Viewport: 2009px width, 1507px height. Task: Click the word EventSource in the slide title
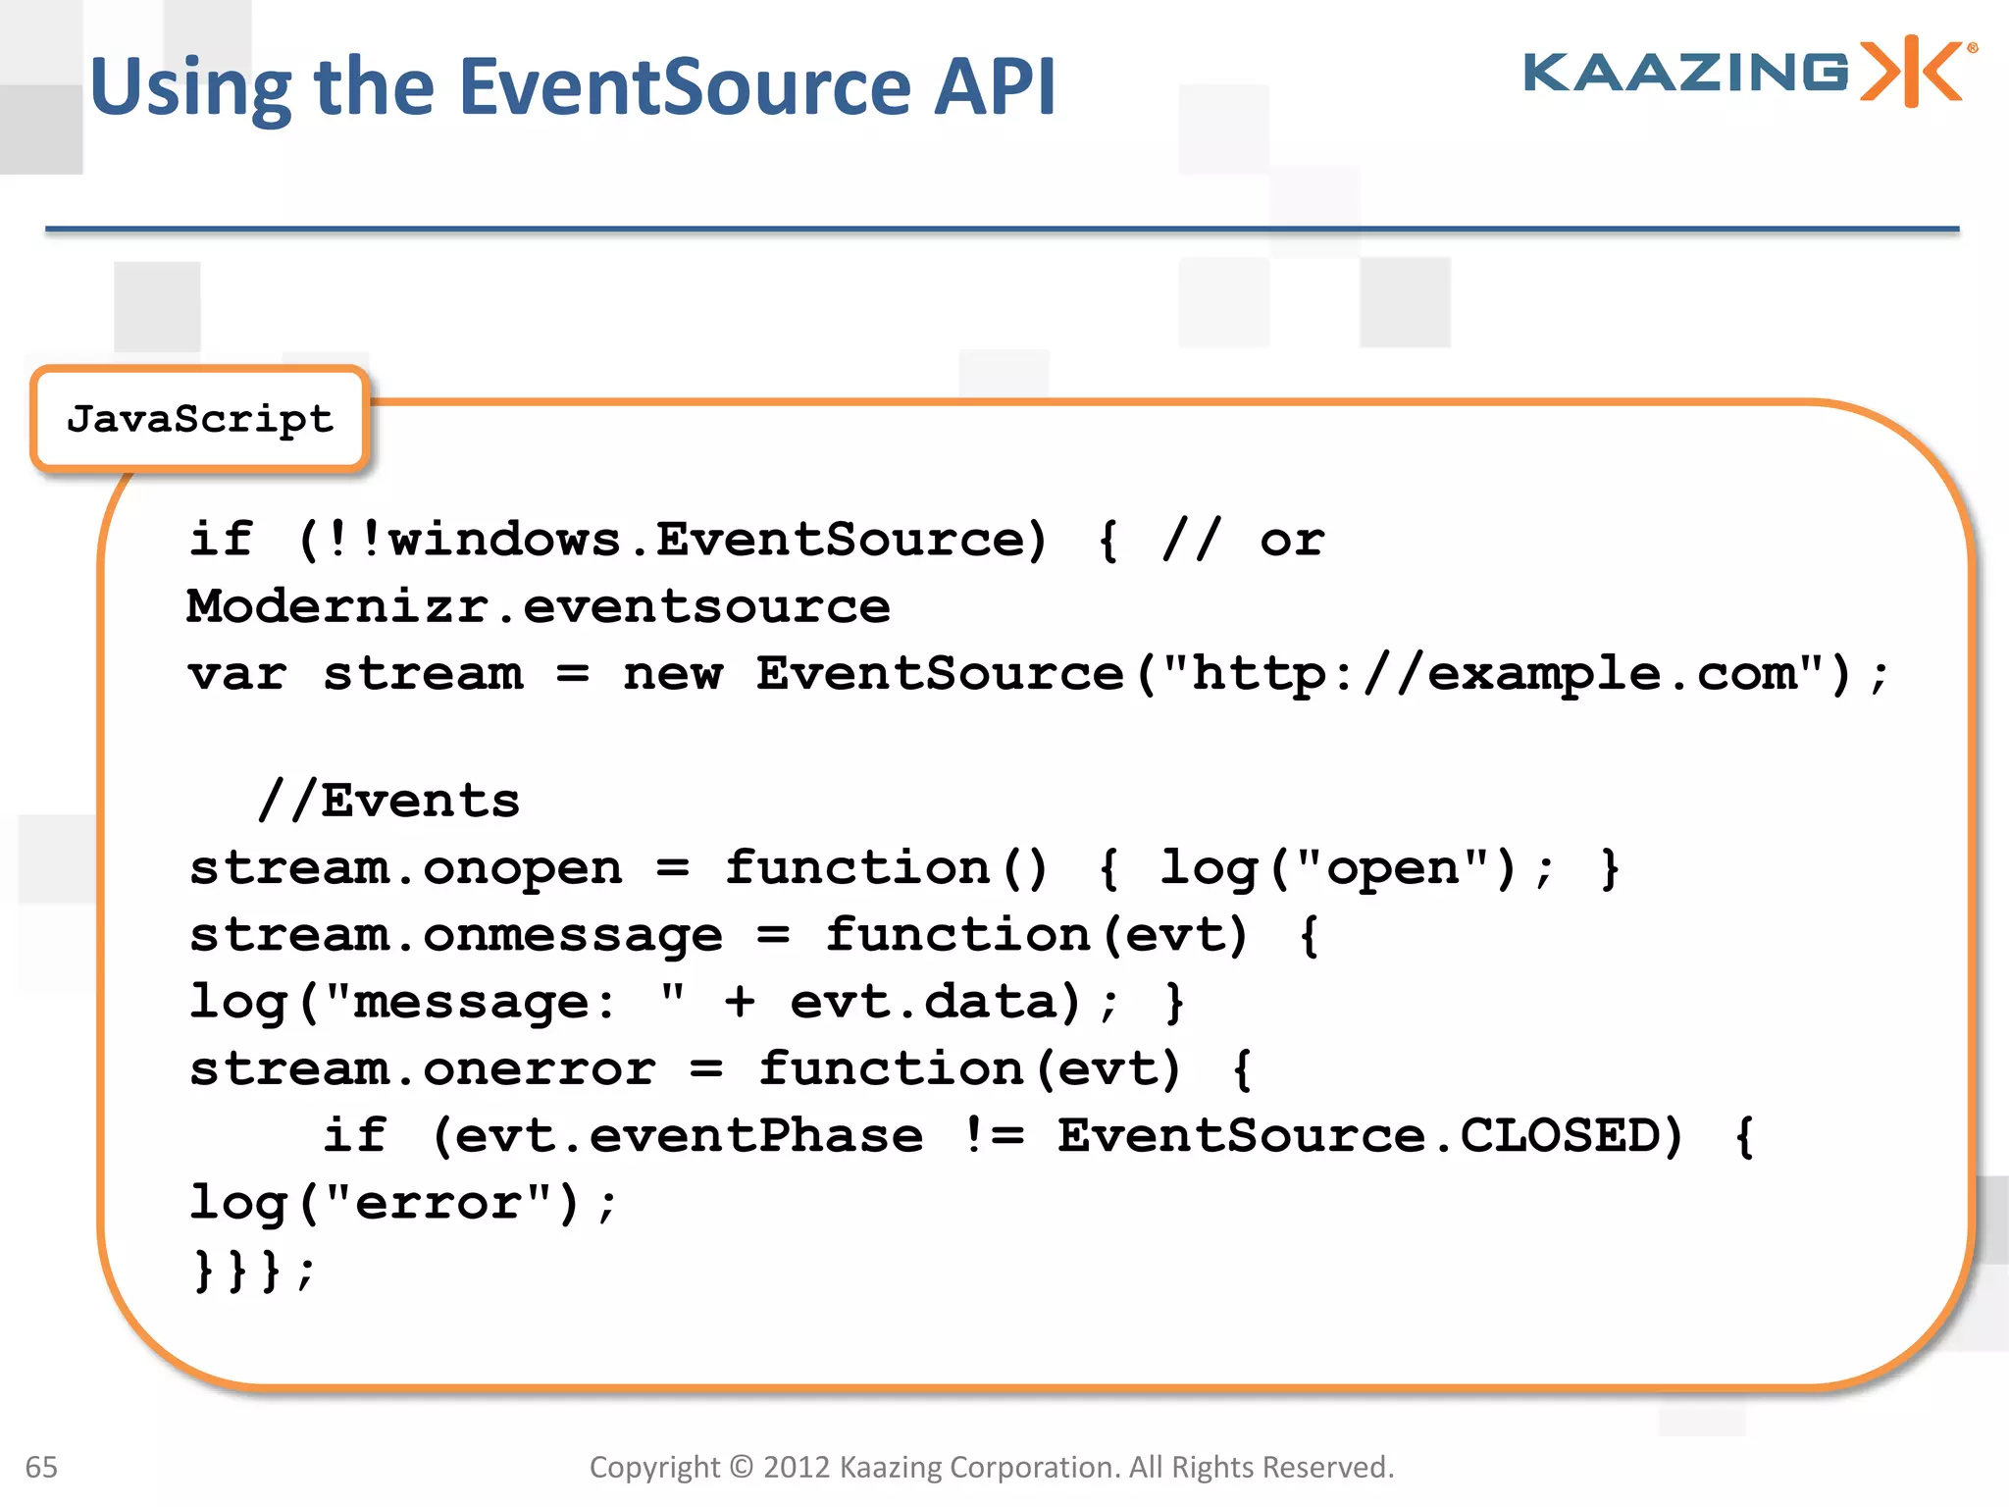(685, 86)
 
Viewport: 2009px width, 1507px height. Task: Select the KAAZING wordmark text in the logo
(1685, 73)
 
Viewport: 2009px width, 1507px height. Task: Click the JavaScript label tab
(200, 419)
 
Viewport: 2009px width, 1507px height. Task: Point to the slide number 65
(41, 1467)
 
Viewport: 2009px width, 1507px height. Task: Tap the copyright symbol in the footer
(742, 1467)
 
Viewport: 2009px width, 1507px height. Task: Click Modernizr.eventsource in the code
(539, 606)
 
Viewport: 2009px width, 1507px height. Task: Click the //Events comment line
(388, 801)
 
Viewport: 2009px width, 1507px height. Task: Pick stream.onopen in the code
(405, 868)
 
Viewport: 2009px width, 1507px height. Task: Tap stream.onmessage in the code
(455, 935)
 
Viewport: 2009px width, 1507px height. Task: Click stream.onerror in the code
(422, 1068)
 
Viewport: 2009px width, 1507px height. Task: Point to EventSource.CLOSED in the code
(1369, 1135)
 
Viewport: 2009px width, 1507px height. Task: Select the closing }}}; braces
(253, 1270)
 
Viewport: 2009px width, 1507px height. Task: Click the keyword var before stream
(237, 674)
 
